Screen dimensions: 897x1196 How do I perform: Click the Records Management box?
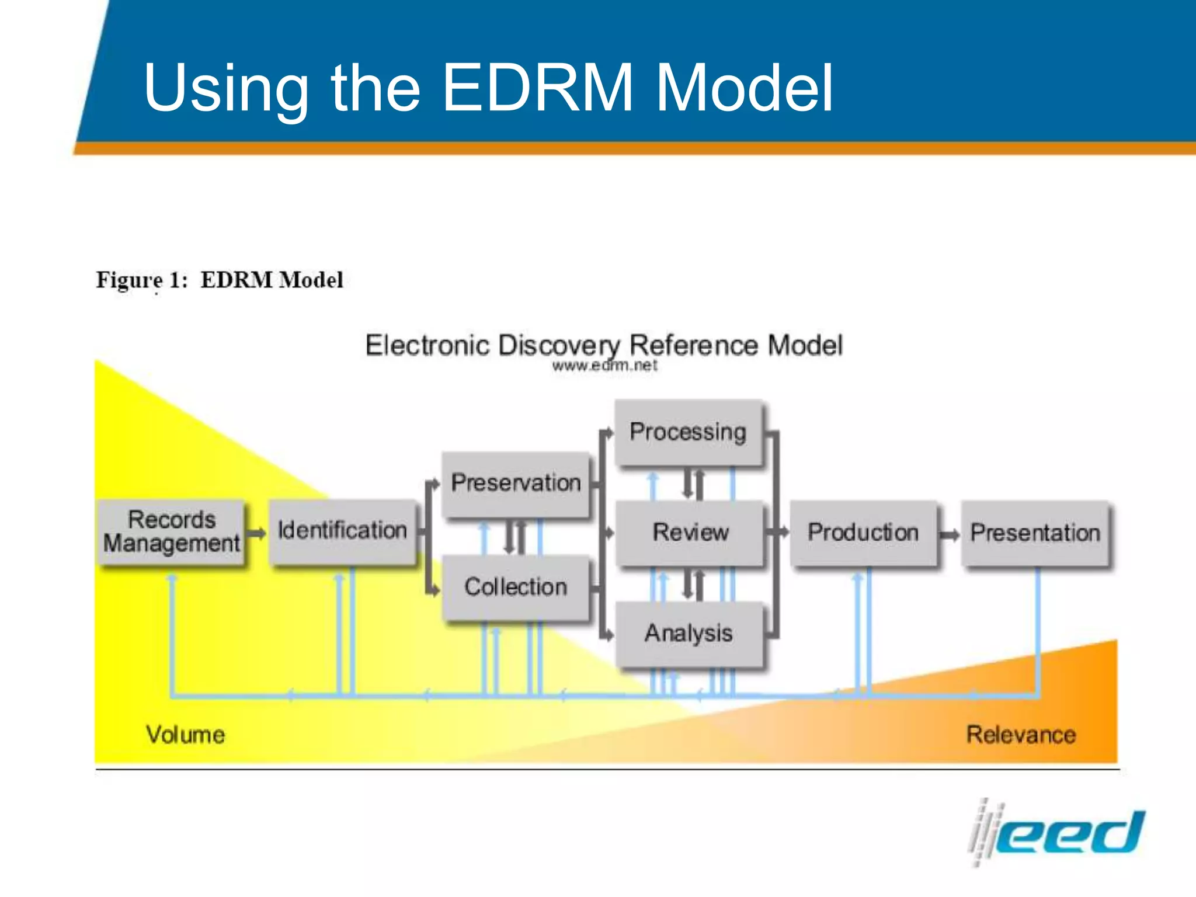[172, 532]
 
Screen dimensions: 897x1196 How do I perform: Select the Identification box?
[342, 531]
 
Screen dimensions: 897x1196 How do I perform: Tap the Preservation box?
[516, 484]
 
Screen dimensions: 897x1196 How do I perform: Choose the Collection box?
[516, 587]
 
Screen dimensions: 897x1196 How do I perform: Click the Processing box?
[688, 432]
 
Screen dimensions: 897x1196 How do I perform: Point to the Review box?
[690, 532]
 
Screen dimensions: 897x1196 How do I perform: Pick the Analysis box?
[689, 634]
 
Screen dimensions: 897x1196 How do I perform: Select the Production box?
[863, 532]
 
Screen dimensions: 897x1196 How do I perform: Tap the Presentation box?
[1035, 533]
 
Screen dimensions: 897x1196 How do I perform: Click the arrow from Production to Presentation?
[950, 535]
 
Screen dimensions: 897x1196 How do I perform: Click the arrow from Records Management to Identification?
[256, 533]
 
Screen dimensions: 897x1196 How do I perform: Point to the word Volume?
[185, 735]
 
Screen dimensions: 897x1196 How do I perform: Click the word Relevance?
[1021, 735]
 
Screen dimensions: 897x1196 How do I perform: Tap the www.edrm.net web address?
[604, 366]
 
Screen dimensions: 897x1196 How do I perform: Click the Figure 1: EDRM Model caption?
[220, 280]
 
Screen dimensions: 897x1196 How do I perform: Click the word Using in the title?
[226, 89]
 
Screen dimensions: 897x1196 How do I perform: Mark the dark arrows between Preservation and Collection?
[515, 537]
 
